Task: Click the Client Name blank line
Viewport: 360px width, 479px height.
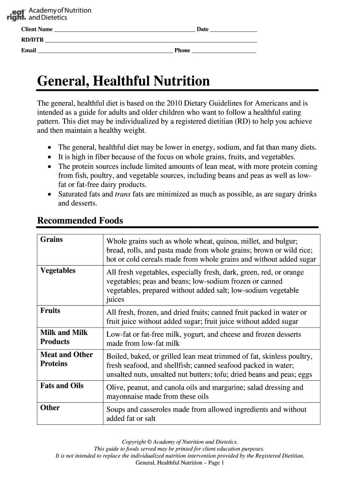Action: (x=124, y=29)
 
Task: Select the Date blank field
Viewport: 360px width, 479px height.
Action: (x=233, y=29)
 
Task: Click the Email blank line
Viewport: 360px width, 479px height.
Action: (x=105, y=51)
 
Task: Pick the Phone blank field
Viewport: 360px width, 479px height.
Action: (x=224, y=51)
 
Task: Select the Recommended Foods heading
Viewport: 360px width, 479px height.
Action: (x=80, y=220)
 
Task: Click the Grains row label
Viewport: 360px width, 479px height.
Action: (x=51, y=239)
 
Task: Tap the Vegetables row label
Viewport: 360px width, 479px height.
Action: (x=58, y=270)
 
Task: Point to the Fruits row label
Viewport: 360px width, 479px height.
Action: (x=50, y=310)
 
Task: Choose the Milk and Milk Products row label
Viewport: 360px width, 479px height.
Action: (x=64, y=337)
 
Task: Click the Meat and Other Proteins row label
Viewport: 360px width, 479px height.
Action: (x=66, y=359)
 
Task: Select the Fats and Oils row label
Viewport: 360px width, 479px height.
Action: (x=62, y=385)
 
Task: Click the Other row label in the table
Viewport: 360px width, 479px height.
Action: (x=50, y=407)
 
